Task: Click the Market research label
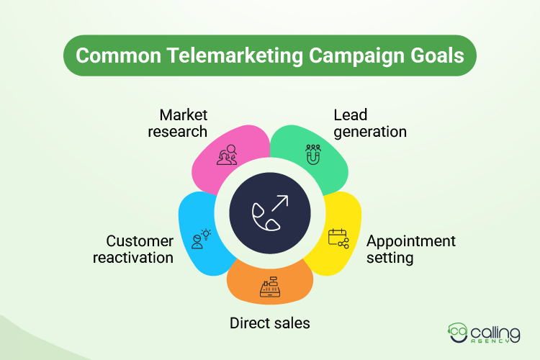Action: click(x=184, y=123)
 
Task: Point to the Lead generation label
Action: click(x=370, y=123)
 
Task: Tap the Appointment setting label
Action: click(x=411, y=249)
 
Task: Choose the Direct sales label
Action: click(x=270, y=323)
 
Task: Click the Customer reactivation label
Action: click(x=133, y=249)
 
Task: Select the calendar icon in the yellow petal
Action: click(x=338, y=238)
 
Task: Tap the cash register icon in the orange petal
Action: click(x=269, y=288)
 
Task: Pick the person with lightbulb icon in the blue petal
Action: click(x=201, y=238)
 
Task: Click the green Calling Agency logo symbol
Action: click(x=458, y=333)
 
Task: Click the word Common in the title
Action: click(x=109, y=55)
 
